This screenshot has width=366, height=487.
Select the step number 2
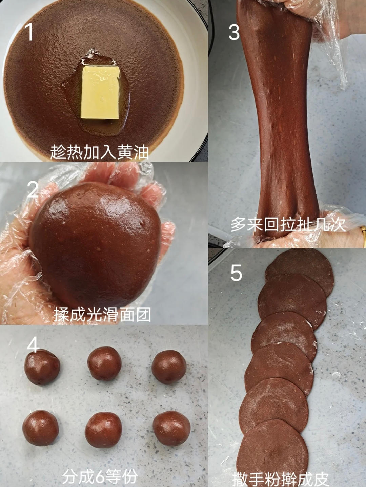pos(33,189)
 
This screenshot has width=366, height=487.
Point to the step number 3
pos(234,32)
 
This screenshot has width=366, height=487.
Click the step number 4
pos(33,345)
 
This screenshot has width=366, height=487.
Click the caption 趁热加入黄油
pos(100,152)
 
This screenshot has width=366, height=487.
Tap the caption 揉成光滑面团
pos(102,315)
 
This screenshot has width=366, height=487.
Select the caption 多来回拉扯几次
pos(288,224)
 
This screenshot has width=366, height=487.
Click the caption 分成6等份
pos(100,476)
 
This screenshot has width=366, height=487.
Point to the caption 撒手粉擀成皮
pos(280,479)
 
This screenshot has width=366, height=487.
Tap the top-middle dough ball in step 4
pos(104,363)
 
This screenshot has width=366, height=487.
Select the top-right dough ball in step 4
pos(169,367)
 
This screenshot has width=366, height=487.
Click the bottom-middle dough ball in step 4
pos(103,430)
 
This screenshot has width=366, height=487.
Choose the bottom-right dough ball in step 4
pos(171,428)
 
